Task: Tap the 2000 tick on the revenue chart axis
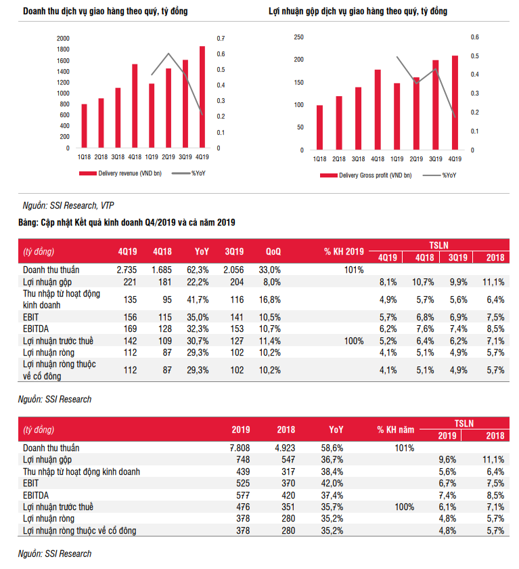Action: pyautogui.click(x=63, y=39)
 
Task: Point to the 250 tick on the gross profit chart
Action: pyautogui.click(x=298, y=37)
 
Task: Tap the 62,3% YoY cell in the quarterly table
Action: pyautogui.click(x=202, y=270)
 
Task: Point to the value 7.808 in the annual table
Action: pyautogui.click(x=240, y=448)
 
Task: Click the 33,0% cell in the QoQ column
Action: pyautogui.click(x=270, y=270)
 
